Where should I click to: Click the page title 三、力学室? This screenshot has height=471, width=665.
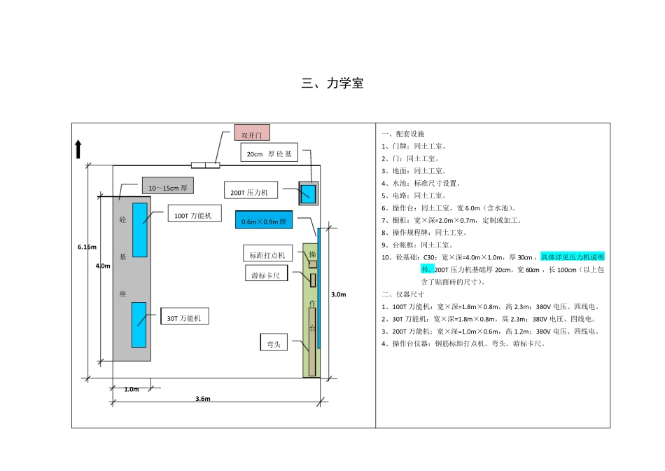332,84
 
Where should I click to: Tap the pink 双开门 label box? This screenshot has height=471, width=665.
251,133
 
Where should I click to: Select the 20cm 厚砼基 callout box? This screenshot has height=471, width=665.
269,153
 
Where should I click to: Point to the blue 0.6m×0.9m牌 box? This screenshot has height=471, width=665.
263,220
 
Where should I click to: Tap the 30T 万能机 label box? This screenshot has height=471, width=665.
184,318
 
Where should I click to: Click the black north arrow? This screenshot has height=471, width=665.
78,149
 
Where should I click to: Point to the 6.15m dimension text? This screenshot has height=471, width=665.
87,247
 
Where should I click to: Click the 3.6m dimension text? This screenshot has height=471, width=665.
203,399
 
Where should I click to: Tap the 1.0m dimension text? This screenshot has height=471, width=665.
131,389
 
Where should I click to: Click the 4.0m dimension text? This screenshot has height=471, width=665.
103,266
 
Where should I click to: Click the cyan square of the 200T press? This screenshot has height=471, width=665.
308,193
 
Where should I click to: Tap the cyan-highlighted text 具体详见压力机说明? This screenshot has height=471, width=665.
572,257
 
